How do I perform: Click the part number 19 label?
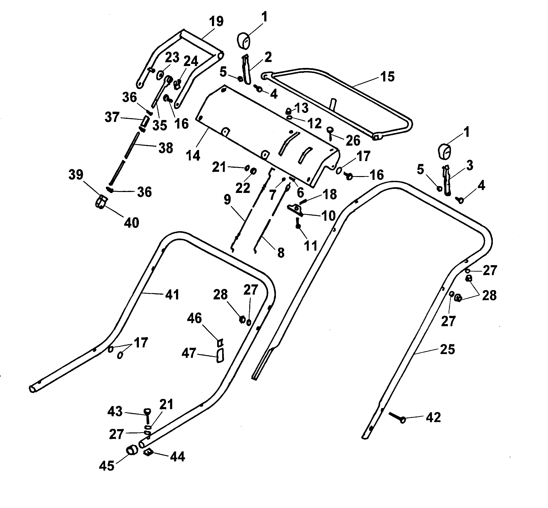click(x=216, y=22)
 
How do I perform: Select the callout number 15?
click(x=388, y=77)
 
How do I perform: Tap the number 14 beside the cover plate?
click(x=193, y=156)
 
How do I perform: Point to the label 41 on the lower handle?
click(x=172, y=295)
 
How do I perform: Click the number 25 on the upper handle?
click(x=447, y=349)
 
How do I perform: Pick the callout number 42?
click(x=433, y=417)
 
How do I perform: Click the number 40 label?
click(x=132, y=223)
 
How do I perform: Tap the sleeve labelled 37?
click(x=146, y=120)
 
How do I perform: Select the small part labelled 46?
click(x=220, y=343)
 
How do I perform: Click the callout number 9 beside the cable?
click(x=227, y=200)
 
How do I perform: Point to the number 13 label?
click(x=302, y=108)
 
